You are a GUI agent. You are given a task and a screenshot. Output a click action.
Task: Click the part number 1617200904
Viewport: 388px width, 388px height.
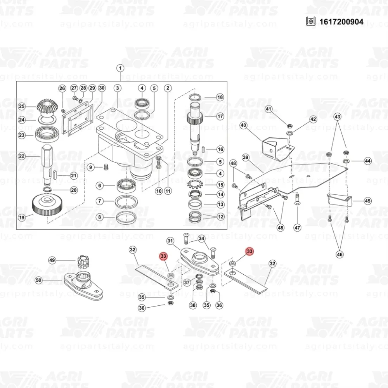(x=341, y=22)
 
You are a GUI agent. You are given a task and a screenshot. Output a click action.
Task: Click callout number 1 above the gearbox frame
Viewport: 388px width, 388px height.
(x=120, y=68)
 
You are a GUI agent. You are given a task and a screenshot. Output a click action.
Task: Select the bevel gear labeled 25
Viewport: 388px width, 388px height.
(x=47, y=108)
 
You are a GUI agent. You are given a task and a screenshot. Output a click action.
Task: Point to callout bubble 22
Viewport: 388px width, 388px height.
(x=22, y=156)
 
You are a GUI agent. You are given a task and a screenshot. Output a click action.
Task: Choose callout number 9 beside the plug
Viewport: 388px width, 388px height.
(x=90, y=168)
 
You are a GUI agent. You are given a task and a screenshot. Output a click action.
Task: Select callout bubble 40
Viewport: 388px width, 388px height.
(x=244, y=125)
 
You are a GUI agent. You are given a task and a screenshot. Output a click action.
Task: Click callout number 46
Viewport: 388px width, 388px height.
(x=340, y=254)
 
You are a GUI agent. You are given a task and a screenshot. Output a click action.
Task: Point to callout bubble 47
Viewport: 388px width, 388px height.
(x=297, y=228)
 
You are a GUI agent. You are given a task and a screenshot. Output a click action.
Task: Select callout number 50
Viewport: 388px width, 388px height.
(x=38, y=280)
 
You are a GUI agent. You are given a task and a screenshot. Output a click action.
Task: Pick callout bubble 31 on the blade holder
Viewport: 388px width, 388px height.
(x=170, y=241)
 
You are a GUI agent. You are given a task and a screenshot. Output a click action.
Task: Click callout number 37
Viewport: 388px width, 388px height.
(x=187, y=282)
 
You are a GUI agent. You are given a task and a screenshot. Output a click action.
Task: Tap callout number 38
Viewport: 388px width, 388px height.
(x=193, y=305)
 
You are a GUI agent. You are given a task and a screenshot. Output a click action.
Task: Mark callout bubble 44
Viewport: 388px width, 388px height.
(x=368, y=161)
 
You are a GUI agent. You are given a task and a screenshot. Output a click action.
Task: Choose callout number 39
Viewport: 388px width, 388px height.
(x=246, y=158)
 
